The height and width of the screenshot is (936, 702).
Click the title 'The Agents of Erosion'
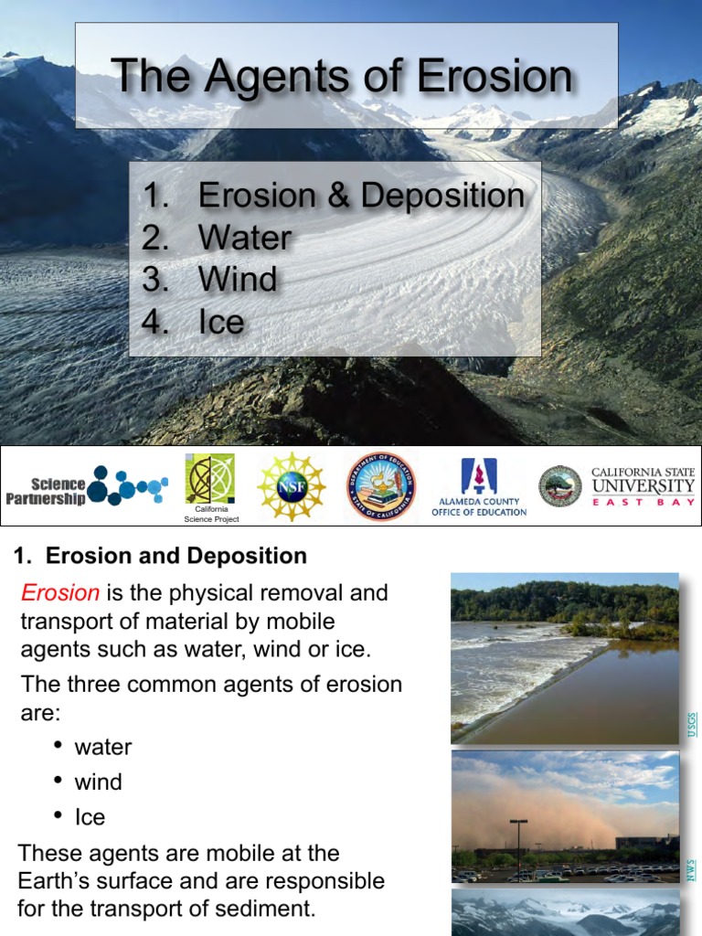coord(342,76)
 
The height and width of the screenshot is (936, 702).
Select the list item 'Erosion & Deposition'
coord(361,196)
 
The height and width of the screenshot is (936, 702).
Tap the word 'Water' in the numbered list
coord(244,238)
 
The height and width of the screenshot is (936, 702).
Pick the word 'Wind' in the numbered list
coord(238,280)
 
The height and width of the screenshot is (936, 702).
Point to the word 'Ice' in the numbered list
coord(221,322)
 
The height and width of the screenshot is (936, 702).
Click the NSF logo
coord(290,486)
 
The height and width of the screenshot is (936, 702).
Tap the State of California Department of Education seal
coord(380,487)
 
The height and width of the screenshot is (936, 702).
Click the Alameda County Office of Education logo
coord(479,487)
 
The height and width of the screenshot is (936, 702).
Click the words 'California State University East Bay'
coord(643,486)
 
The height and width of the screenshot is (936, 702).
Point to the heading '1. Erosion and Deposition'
coord(161,556)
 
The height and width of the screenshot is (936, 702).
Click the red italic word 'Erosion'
coord(59,593)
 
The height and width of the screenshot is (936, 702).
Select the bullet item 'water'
coord(103,747)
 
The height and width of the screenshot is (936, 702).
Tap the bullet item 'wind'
coord(98,782)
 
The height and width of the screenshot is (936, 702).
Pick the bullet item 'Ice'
coord(90,817)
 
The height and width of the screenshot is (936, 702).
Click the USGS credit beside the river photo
coord(692,724)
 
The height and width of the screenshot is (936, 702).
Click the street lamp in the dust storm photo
coord(518,847)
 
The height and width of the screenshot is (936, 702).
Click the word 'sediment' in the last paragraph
coord(270,909)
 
